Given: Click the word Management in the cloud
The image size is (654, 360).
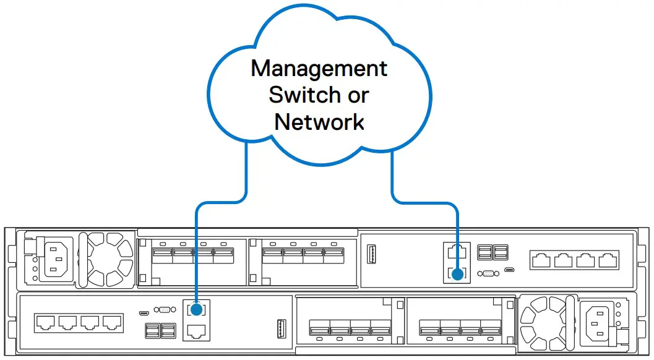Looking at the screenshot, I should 319,68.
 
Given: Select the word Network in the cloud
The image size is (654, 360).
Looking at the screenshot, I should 319,121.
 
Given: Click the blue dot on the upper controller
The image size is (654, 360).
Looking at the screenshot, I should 457,273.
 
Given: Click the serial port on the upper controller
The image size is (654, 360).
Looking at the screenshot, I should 488,272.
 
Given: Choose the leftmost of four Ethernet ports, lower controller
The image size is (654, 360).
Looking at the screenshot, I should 45,322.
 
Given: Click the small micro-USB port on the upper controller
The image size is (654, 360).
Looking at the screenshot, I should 509,270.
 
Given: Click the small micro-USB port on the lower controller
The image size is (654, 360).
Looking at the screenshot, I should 144,312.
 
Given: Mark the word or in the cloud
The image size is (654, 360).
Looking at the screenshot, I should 357,95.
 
